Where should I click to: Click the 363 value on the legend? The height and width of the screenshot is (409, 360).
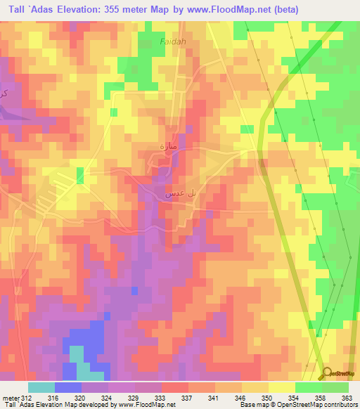pyautogui.click(x=348, y=398)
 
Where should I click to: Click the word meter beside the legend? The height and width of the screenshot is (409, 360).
pyautogui.click(x=11, y=398)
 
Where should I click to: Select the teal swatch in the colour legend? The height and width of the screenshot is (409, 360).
pyautogui.click(x=41, y=387)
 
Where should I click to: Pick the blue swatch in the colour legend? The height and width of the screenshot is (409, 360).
pyautogui.click(x=68, y=387)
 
